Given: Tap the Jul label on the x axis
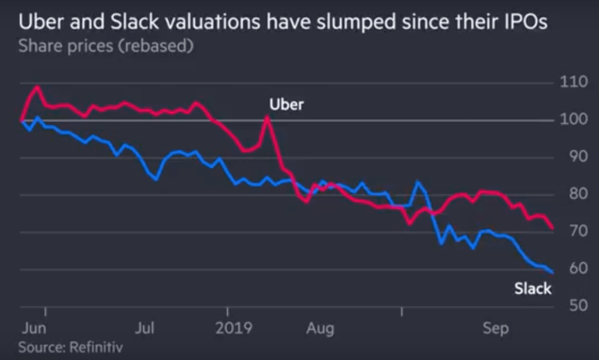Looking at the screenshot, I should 145,327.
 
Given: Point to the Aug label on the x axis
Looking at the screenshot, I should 319,327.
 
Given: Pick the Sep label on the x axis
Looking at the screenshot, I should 496,327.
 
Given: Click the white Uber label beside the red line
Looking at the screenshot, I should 287,105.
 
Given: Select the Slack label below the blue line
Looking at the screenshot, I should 533,288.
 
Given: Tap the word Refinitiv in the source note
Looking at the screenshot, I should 97,347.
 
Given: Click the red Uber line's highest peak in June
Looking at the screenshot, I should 38,87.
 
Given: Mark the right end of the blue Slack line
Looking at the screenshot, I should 553,272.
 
